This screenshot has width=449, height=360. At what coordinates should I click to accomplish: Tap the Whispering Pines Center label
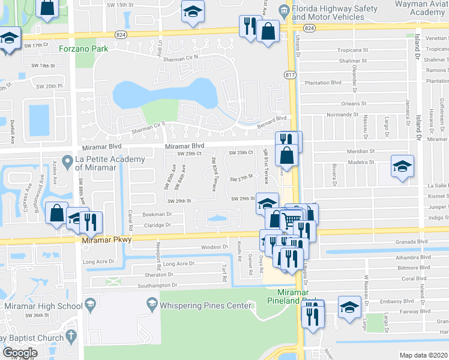tap(204, 305)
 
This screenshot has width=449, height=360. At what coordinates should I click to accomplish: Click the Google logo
tap(20, 353)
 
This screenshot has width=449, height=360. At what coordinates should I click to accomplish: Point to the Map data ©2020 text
tap(423, 355)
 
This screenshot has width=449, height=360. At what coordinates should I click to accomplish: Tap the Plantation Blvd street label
tap(323, 83)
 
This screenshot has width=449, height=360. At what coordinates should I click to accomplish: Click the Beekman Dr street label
tap(157, 214)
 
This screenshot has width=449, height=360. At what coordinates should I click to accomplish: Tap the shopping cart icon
tap(291, 220)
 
